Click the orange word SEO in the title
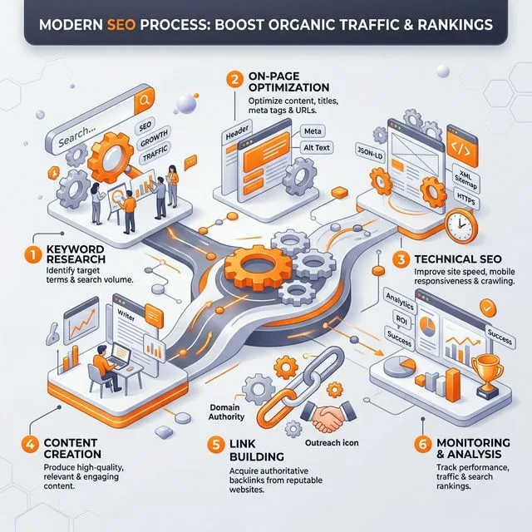[x=121, y=25]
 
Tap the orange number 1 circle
[x=33, y=254]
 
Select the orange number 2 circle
[x=234, y=80]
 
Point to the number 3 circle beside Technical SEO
[x=401, y=260]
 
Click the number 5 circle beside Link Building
[x=216, y=445]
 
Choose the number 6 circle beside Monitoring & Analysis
[x=423, y=444]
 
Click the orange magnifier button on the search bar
[x=144, y=101]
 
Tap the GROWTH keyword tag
[x=154, y=139]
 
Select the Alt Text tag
[x=317, y=148]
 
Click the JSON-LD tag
[x=370, y=153]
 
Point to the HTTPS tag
[x=465, y=199]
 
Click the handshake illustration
[x=328, y=416]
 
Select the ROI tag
[x=401, y=319]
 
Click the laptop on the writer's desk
[x=120, y=357]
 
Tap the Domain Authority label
[x=226, y=412]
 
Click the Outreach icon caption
[x=332, y=443]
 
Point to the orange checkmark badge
[x=488, y=308]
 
